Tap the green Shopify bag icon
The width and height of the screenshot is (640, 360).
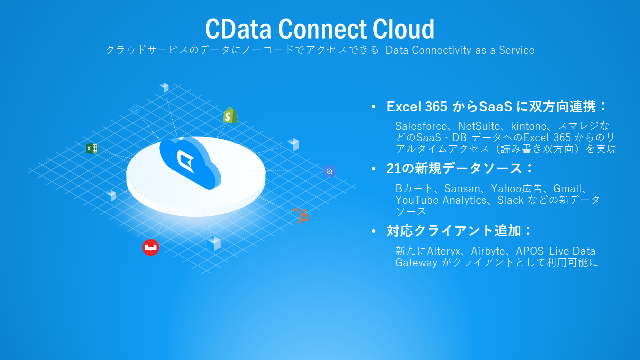click(x=229, y=115)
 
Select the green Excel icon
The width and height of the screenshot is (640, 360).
click(x=91, y=148)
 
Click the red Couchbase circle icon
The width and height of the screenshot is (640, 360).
click(x=150, y=247)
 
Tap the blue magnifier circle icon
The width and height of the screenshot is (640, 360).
click(x=329, y=171)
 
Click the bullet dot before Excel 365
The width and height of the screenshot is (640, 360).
click(x=374, y=107)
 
